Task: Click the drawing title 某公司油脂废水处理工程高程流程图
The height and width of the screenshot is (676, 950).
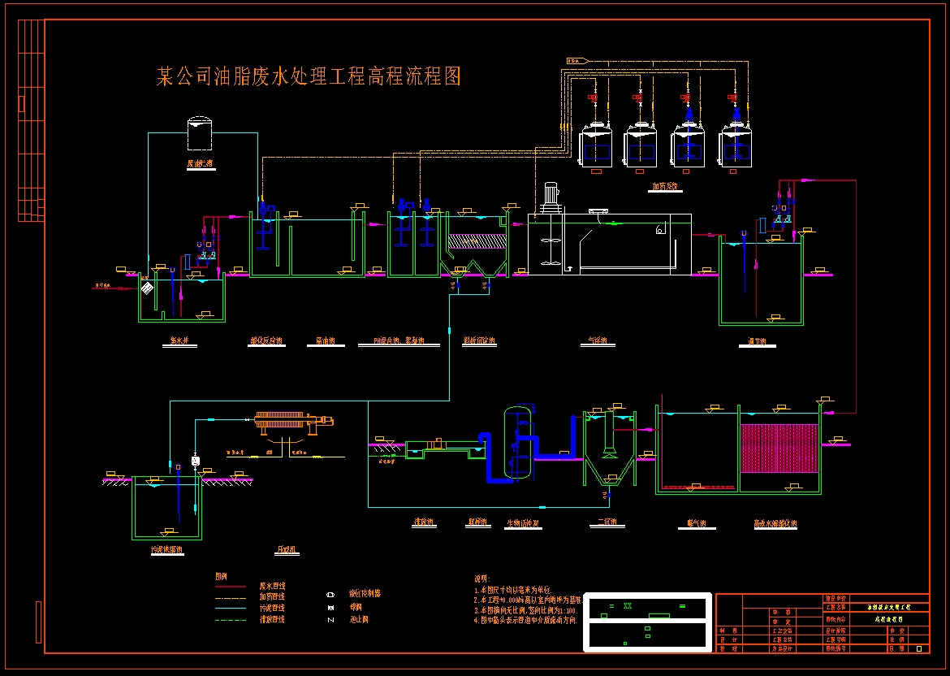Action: click(309, 77)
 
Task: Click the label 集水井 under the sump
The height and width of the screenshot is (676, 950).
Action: click(179, 342)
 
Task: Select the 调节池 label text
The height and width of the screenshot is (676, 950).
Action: click(757, 342)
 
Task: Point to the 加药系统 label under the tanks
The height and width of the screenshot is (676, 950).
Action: click(667, 186)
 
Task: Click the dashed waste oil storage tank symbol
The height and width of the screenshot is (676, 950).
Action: click(199, 134)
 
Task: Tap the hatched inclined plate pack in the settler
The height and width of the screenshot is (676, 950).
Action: click(476, 241)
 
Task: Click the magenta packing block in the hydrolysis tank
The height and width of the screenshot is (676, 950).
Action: click(779, 448)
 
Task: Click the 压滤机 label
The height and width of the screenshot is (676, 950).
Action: click(287, 550)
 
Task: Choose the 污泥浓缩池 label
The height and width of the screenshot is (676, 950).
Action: click(166, 550)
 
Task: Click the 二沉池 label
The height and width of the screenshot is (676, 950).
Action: click(606, 522)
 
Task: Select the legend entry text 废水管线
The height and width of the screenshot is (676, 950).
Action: click(272, 586)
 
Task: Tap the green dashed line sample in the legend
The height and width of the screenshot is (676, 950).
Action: click(230, 620)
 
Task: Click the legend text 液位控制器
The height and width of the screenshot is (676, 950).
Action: click(365, 594)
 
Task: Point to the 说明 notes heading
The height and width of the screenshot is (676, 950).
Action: click(482, 578)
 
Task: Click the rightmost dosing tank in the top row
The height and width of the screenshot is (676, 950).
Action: click(736, 146)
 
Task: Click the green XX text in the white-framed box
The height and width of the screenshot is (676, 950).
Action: click(627, 605)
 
